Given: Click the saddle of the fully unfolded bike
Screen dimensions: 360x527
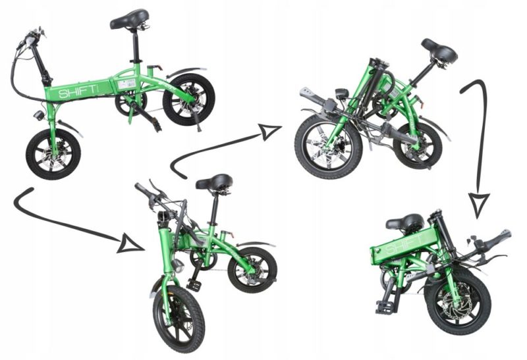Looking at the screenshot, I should pyautogui.click(x=130, y=20).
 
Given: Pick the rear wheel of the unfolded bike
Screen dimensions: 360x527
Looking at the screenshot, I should pyautogui.click(x=188, y=99).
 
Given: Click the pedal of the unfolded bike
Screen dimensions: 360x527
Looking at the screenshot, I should pyautogui.click(x=155, y=125).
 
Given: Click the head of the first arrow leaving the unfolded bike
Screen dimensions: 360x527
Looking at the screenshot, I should pyautogui.click(x=129, y=245).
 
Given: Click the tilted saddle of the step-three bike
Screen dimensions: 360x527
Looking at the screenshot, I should pyautogui.click(x=439, y=50).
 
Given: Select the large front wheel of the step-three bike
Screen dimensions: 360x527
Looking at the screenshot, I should pyautogui.click(x=328, y=147).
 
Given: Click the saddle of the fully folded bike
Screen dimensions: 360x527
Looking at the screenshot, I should pyautogui.click(x=404, y=222).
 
